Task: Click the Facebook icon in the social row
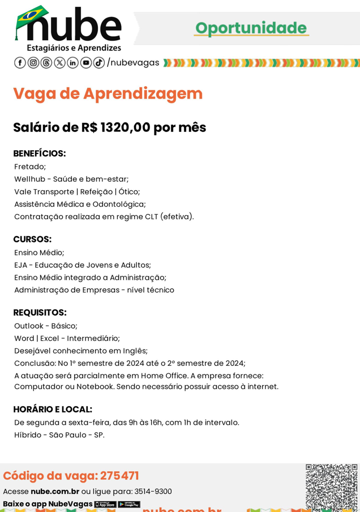click(20, 63)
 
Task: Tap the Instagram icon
click(33, 63)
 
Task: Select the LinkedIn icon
click(73, 63)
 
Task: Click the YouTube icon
click(86, 63)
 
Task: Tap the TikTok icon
click(99, 63)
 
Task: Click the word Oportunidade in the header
click(251, 28)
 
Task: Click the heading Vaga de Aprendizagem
click(108, 93)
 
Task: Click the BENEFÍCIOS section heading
click(40, 153)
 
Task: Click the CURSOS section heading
click(32, 239)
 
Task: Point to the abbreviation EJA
click(21, 265)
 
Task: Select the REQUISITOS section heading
click(40, 312)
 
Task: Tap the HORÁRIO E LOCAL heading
click(53, 409)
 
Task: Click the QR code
click(331, 486)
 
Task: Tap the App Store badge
click(105, 504)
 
